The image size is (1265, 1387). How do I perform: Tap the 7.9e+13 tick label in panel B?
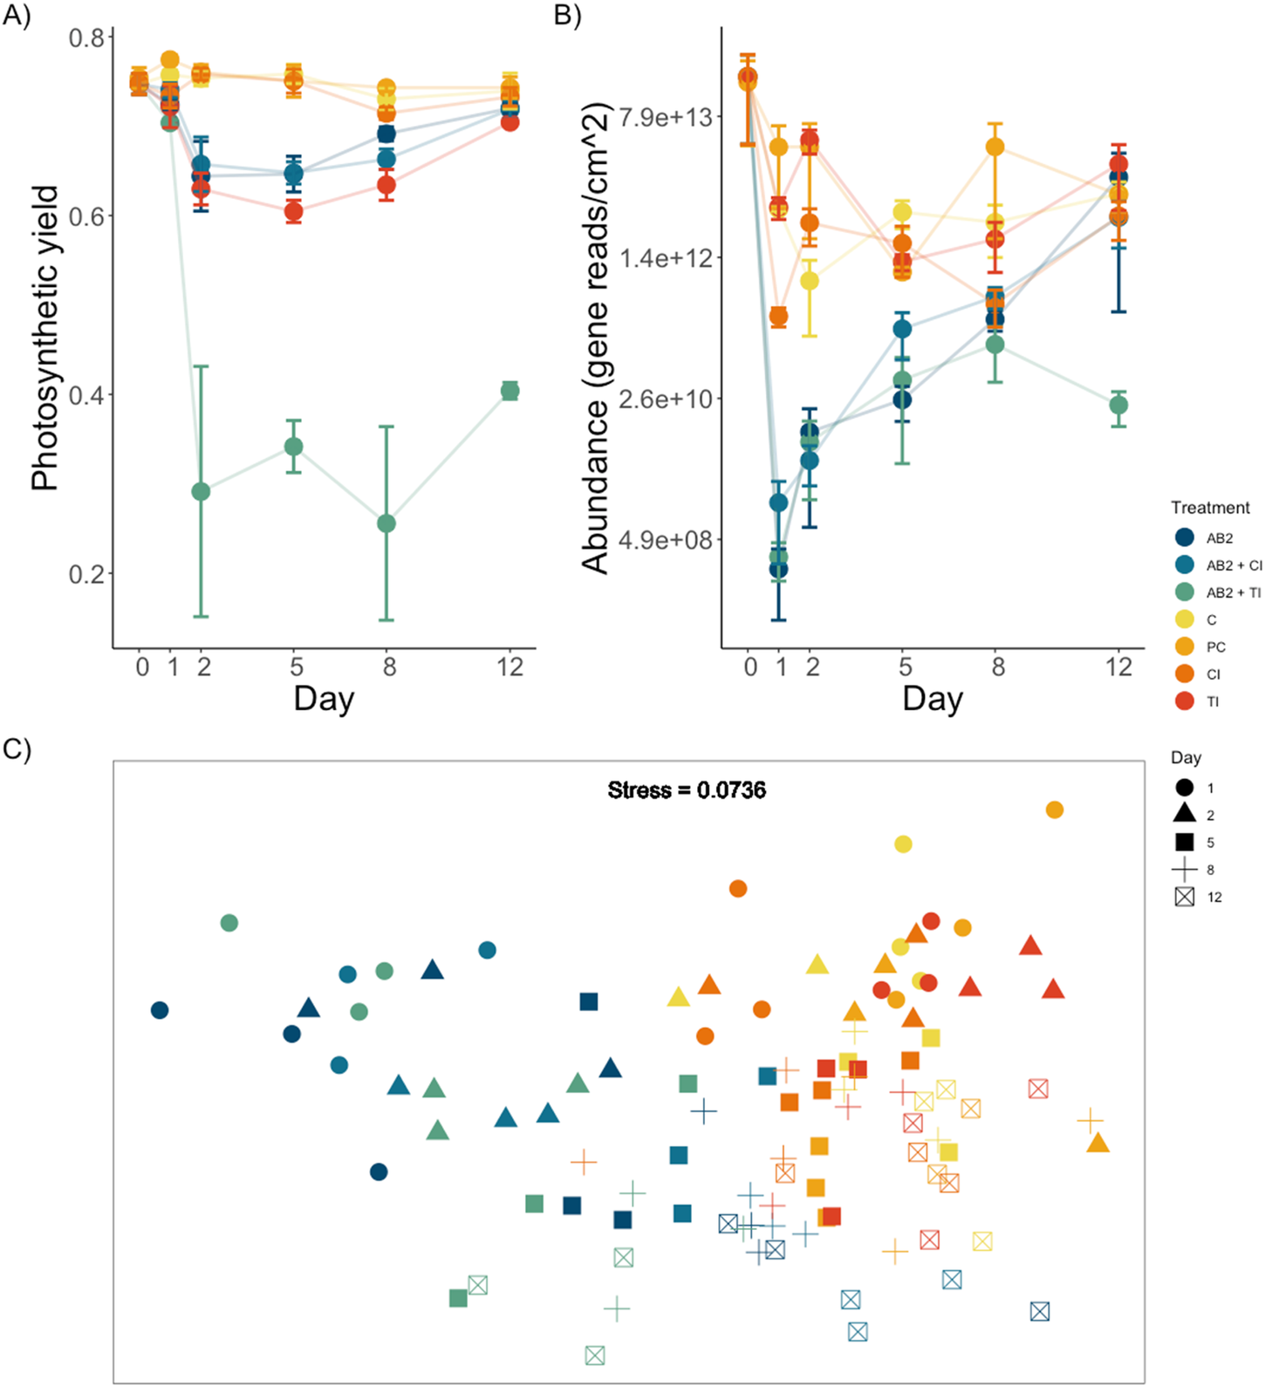click(x=665, y=117)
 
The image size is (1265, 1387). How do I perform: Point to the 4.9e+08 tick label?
click(x=665, y=540)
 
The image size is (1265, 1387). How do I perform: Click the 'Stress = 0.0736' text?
click(x=687, y=790)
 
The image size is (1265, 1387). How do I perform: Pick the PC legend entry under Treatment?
click(x=1215, y=647)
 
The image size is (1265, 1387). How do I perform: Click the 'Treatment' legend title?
click(x=1209, y=508)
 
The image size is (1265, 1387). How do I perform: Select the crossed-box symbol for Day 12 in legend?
click(x=1184, y=897)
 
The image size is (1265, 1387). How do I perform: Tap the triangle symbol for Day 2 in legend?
click(x=1184, y=814)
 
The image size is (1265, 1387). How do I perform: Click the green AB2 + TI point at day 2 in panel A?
click(x=201, y=492)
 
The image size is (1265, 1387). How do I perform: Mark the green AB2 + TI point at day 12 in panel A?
click(x=509, y=391)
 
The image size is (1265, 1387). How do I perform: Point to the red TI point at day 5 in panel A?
click(x=294, y=211)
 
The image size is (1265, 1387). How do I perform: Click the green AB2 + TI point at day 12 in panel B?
click(x=1118, y=405)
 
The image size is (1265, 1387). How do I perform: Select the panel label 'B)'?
click(x=567, y=16)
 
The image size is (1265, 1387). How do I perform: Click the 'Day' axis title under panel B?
click(x=932, y=699)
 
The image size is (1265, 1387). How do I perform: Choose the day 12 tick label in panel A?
click(x=509, y=667)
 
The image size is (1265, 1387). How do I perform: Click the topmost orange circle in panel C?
click(x=1054, y=810)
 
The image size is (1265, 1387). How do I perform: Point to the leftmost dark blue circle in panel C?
click(x=160, y=1010)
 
